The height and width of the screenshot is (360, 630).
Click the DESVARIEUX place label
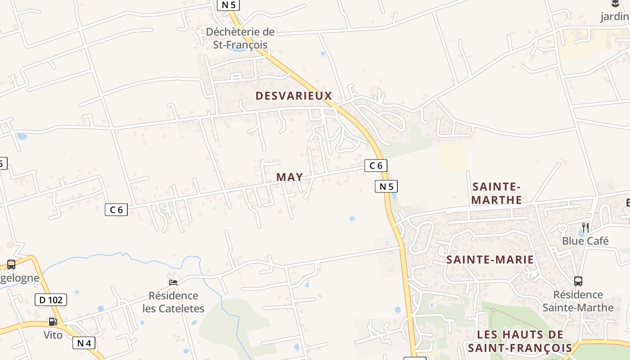(294, 95)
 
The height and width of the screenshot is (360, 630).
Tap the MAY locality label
(289, 177)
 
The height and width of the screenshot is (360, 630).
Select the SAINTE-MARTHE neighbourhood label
(497, 193)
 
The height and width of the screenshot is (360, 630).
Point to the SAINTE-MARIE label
(490, 260)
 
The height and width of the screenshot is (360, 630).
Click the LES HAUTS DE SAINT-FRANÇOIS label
(520, 341)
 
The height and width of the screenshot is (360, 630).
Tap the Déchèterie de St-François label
(240, 38)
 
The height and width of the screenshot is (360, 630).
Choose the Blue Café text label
(585, 241)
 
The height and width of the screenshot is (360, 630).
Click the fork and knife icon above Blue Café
(585, 227)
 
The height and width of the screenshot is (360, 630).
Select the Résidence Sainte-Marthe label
(578, 301)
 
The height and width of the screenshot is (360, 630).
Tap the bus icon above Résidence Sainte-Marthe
(578, 281)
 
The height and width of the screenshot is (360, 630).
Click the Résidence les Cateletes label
(173, 302)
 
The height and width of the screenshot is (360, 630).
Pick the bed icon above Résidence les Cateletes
(173, 282)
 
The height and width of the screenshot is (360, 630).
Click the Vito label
(53, 335)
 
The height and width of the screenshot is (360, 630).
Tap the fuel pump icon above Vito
(53, 321)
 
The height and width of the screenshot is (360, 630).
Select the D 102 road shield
(51, 300)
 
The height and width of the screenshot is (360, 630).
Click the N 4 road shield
(84, 343)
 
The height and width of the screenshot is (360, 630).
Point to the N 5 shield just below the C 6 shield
(386, 186)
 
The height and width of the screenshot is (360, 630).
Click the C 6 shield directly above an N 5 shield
(376, 166)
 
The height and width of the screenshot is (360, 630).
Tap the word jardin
(615, 17)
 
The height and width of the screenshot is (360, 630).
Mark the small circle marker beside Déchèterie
(199, 31)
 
